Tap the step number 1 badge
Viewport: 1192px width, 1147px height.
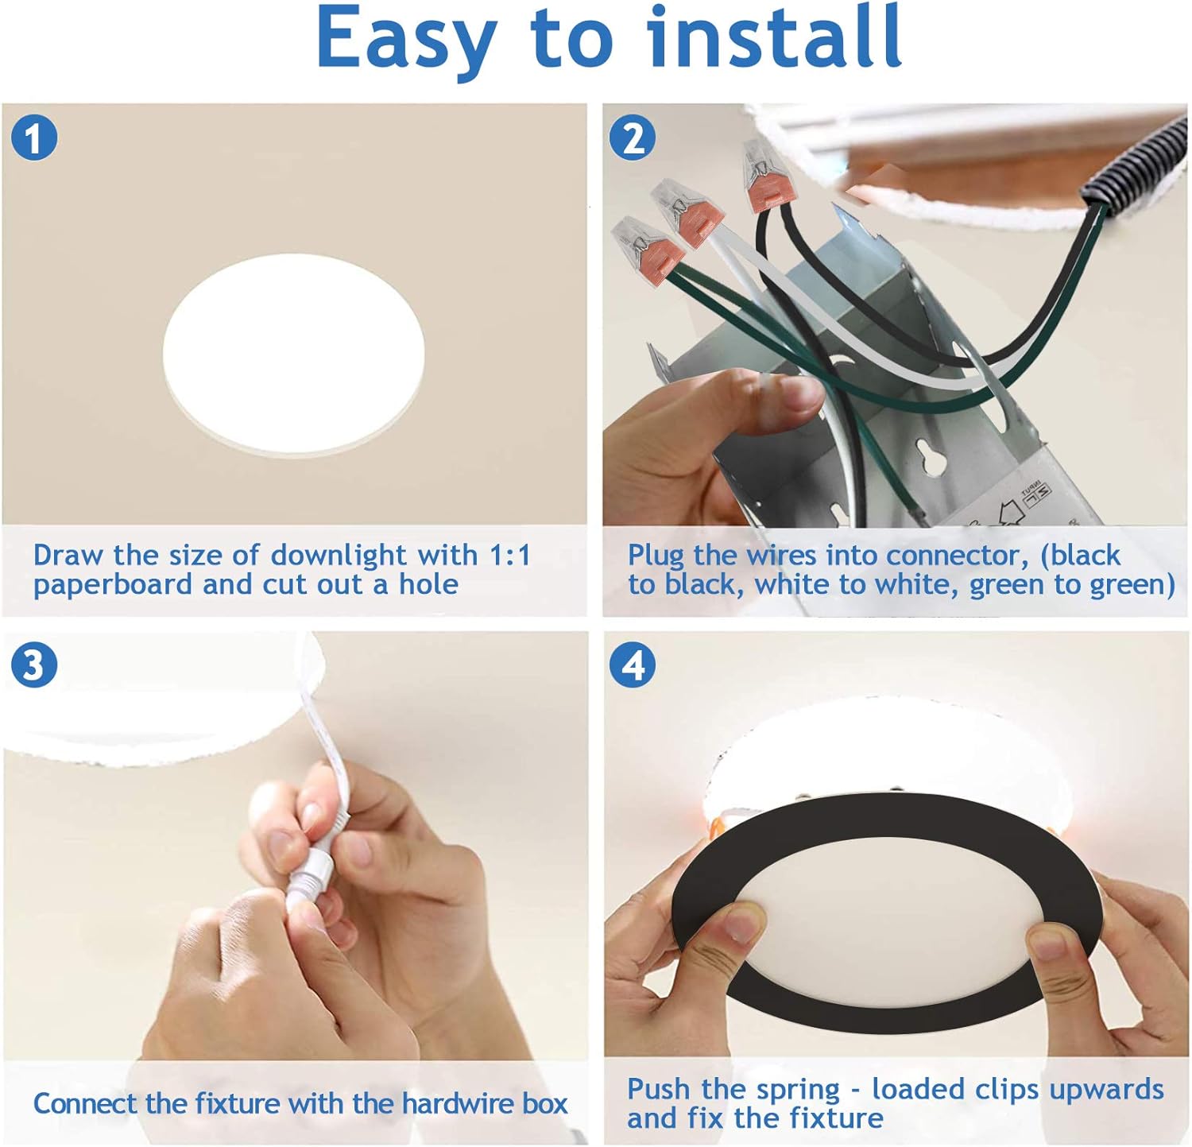click(34, 138)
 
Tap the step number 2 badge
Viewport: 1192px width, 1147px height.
click(633, 138)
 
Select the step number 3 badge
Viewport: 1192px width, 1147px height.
click(34, 665)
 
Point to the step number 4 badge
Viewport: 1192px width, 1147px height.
click(633, 665)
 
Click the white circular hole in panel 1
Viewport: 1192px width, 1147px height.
click(293, 355)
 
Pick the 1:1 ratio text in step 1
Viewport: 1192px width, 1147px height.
click(509, 555)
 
